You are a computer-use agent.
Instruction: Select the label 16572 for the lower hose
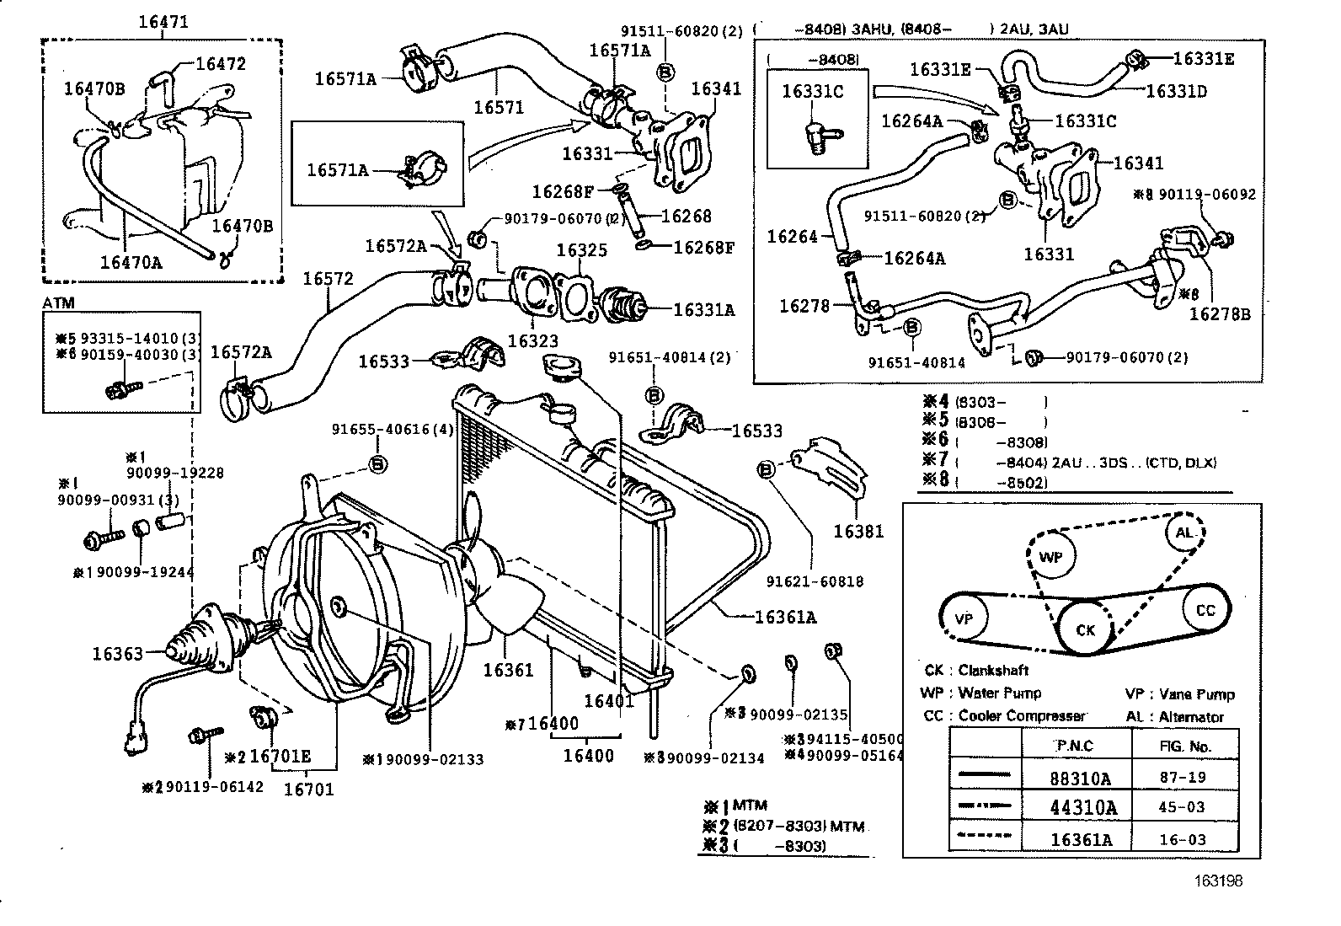(x=329, y=279)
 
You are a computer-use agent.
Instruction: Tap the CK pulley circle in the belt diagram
(x=1086, y=629)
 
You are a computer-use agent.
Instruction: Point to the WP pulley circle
(x=1050, y=557)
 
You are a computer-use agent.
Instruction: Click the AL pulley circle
(x=1184, y=533)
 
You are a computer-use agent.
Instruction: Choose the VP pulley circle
(x=964, y=618)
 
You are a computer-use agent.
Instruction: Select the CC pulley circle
(x=1205, y=610)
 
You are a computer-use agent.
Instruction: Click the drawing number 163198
(x=1218, y=881)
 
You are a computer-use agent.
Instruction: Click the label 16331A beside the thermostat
(x=703, y=310)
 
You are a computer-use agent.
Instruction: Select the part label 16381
(x=859, y=531)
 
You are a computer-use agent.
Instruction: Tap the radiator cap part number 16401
(x=609, y=701)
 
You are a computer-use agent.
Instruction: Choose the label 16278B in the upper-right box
(x=1220, y=314)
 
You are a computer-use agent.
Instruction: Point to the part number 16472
(x=220, y=64)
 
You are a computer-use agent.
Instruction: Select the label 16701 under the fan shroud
(x=308, y=789)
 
